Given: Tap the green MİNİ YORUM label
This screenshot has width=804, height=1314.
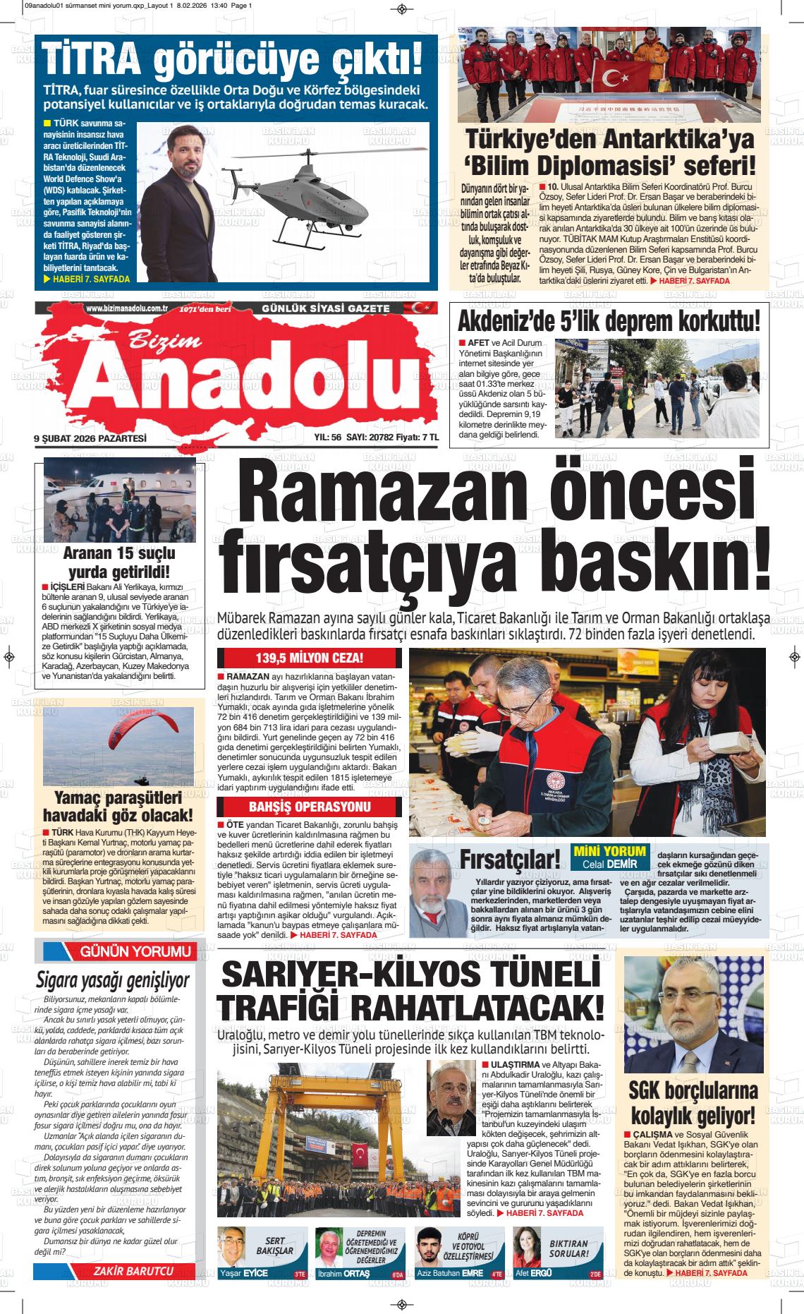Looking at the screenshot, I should pyautogui.click(x=609, y=850).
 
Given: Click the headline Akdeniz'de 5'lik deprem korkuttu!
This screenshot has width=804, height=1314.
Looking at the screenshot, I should pyautogui.click(x=609, y=322).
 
